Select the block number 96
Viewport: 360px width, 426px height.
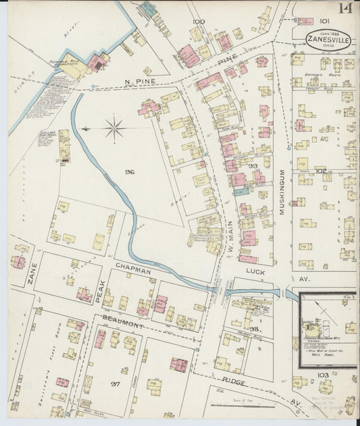click(130, 172)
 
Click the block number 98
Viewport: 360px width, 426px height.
click(255, 329)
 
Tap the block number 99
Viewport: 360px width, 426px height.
click(253, 165)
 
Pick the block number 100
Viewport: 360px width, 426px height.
click(198, 22)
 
